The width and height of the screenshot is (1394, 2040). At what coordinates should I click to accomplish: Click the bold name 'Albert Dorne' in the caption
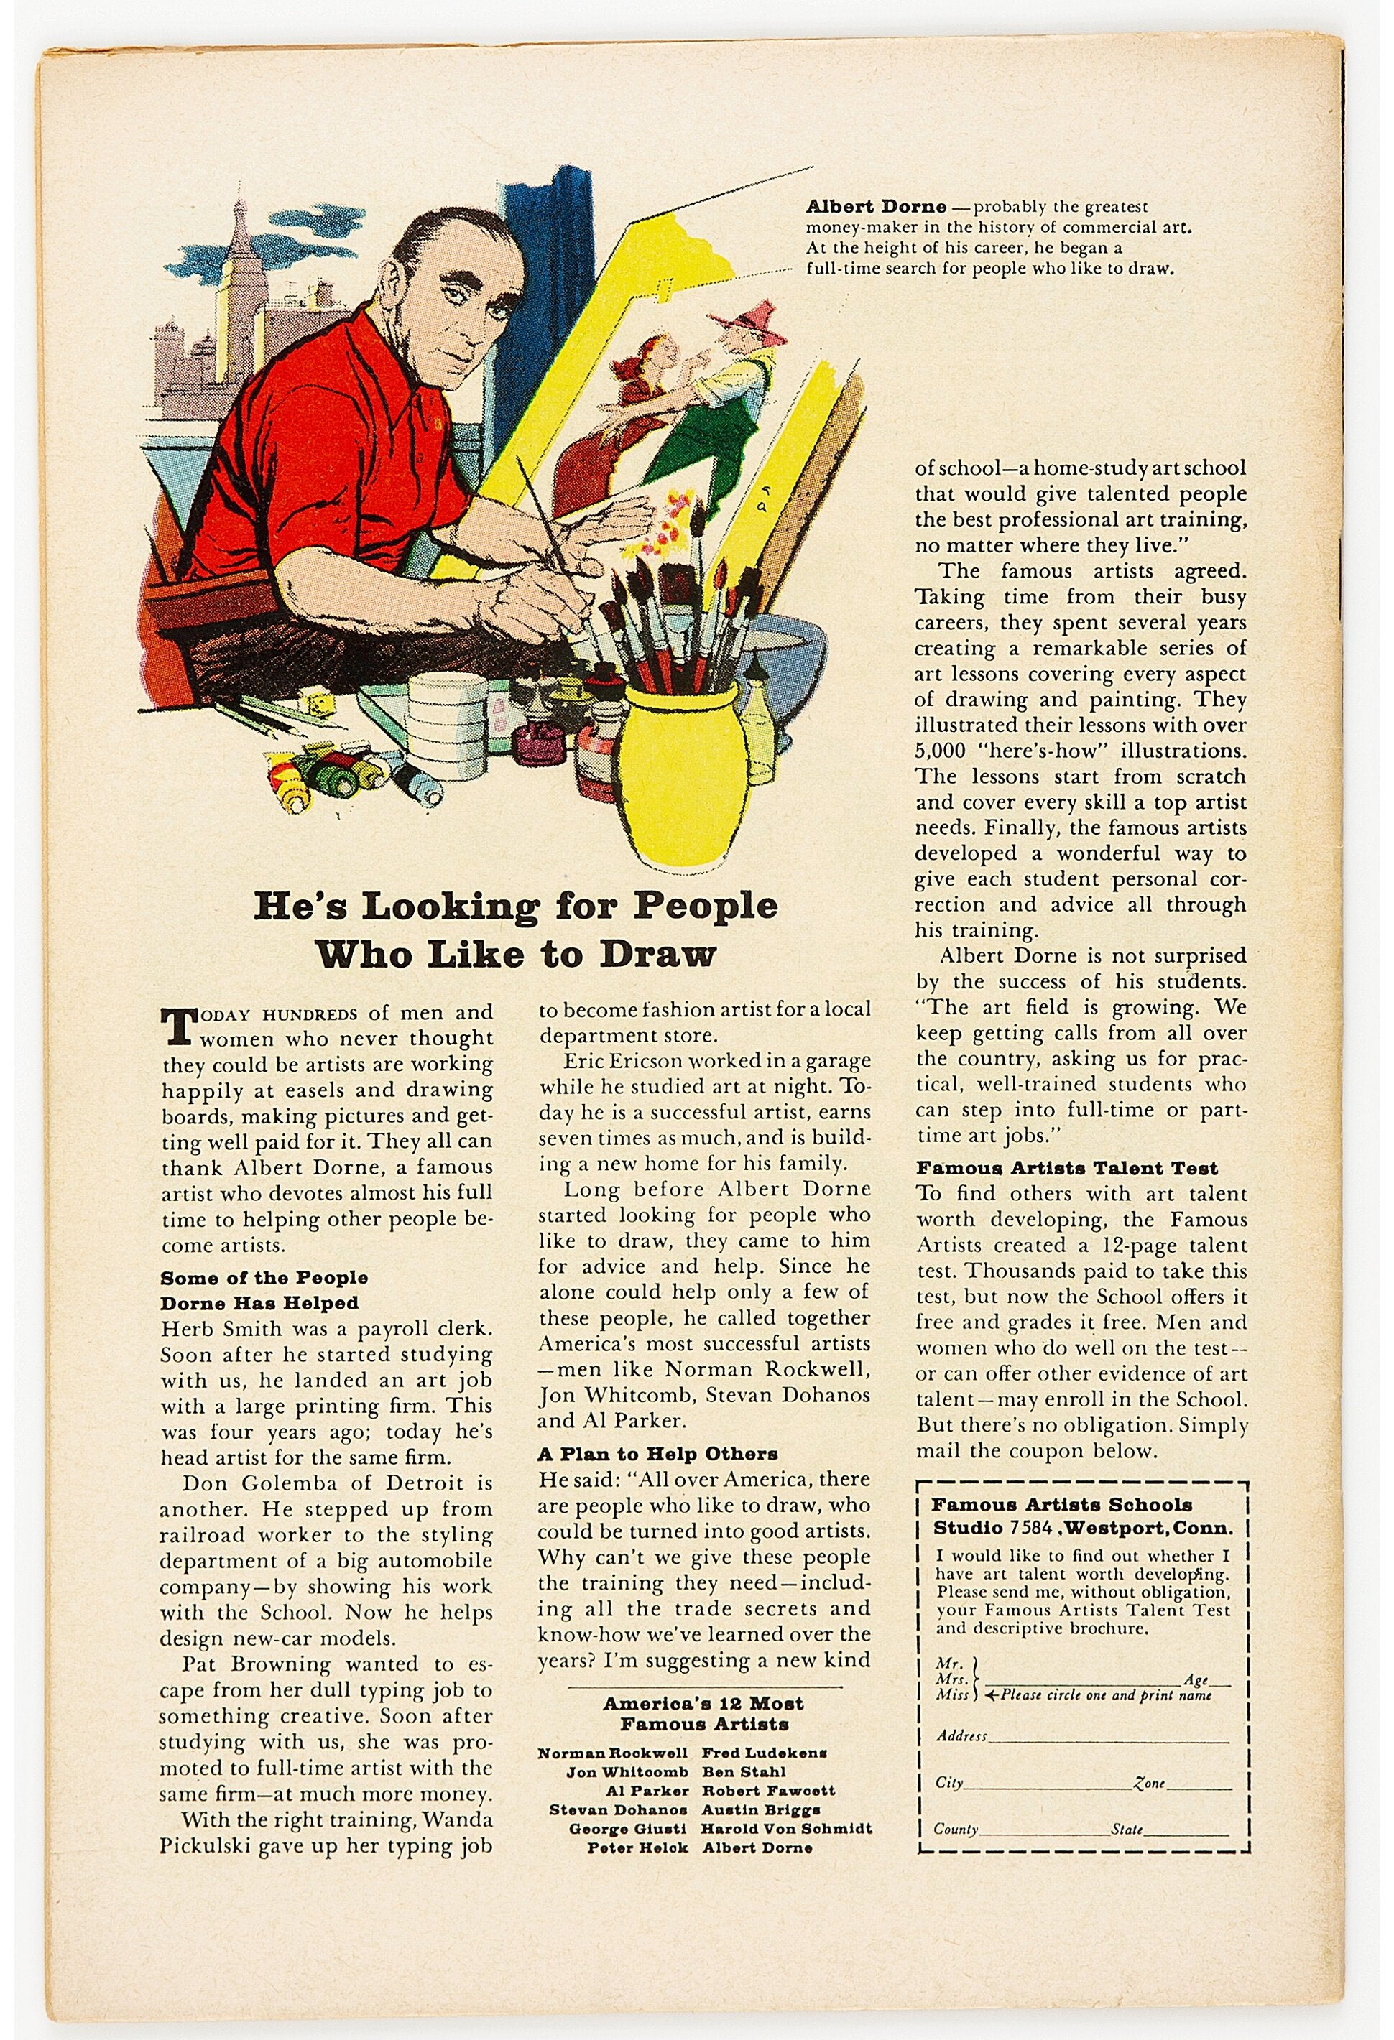coord(875,207)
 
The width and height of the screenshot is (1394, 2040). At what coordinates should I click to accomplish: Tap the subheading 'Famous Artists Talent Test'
coord(1066,1169)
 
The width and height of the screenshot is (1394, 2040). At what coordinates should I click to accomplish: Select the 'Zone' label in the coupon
coord(1149,1783)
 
